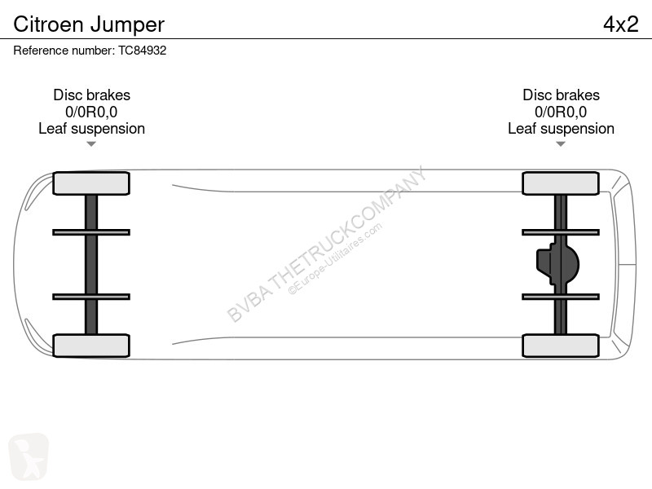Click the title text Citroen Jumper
[89, 25]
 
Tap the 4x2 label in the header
[621, 24]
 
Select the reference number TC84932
[142, 51]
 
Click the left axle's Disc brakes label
[91, 95]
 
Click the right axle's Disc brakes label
[561, 95]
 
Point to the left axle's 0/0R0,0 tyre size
[91, 112]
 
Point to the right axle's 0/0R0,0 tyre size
[561, 112]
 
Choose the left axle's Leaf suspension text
[91, 129]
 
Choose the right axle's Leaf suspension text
[561, 129]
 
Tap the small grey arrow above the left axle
[91, 144]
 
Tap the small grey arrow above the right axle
[561, 144]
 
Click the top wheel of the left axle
[91, 183]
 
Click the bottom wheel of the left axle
[91, 346]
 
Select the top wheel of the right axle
[561, 183]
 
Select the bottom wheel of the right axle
[561, 346]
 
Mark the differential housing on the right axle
[558, 264]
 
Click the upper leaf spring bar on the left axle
[91, 232]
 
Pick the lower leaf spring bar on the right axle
[561, 297]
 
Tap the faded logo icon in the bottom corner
[29, 456]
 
